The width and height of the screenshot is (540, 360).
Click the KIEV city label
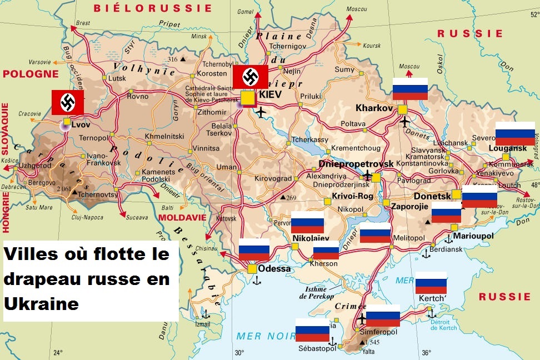[x=271, y=95]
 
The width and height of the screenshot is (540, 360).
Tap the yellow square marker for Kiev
[x=247, y=97]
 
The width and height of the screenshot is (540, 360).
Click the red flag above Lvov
[x=68, y=102]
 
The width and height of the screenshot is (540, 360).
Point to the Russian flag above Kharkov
[x=410, y=89]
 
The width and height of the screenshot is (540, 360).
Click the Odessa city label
[x=274, y=269]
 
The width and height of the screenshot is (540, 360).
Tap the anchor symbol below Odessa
[x=257, y=280]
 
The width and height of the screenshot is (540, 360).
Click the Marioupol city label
[x=473, y=236]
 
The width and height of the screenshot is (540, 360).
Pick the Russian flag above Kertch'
[x=431, y=283]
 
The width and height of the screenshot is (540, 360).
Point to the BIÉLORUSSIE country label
[x=153, y=8]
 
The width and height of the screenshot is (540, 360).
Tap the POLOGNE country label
[x=31, y=74]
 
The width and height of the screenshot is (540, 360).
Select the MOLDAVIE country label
[x=182, y=217]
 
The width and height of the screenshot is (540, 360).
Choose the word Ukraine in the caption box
[x=41, y=304]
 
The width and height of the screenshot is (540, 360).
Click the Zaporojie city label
[x=410, y=206]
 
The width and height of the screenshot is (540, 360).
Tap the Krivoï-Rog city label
[x=352, y=197]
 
